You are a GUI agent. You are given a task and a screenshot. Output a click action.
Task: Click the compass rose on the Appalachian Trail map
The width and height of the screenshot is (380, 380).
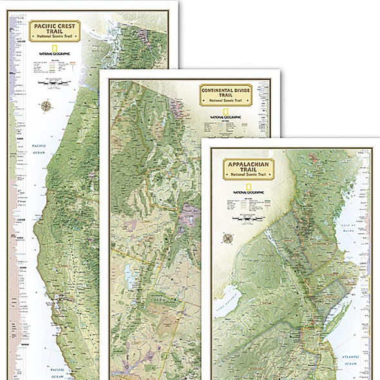pyautogui.click(x=228, y=238)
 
